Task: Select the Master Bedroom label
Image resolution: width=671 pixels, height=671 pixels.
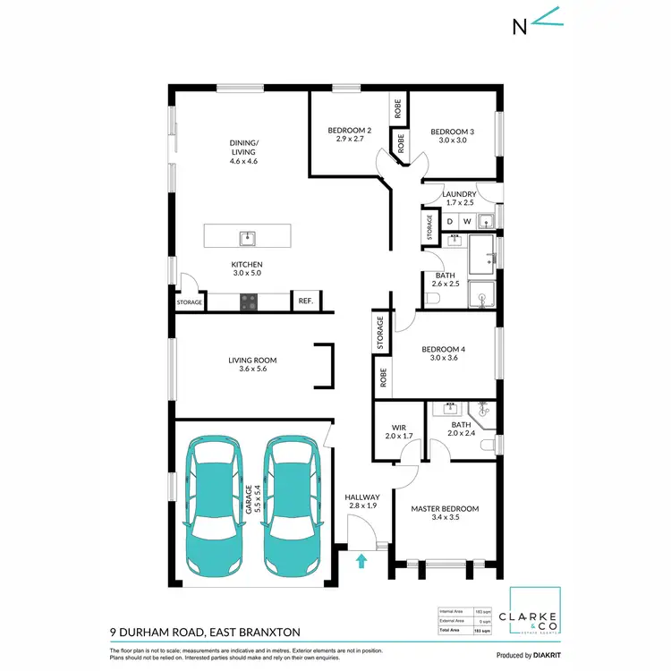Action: (445, 509)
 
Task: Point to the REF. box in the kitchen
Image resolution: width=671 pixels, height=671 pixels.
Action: (305, 302)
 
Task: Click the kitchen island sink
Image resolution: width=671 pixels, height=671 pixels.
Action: (248, 237)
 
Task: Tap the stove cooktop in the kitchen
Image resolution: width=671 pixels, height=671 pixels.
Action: (248, 302)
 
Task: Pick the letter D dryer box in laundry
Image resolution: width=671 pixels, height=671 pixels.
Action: (451, 220)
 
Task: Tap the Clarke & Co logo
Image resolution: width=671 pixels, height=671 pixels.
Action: (534, 617)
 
